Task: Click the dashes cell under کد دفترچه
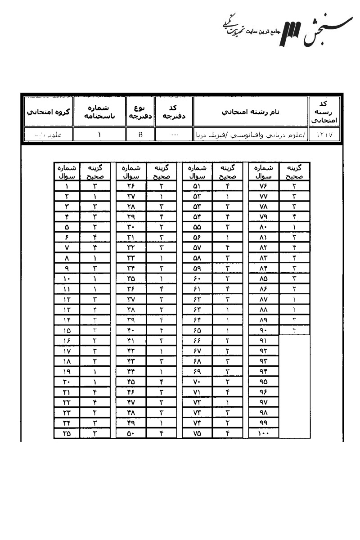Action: click(x=173, y=134)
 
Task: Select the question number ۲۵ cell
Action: click(x=67, y=434)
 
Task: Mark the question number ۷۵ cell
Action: click(x=197, y=434)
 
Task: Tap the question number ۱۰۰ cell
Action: click(x=263, y=434)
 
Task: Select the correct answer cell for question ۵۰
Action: click(x=161, y=434)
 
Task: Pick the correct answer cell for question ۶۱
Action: click(x=228, y=288)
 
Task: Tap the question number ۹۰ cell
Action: click(x=263, y=330)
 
